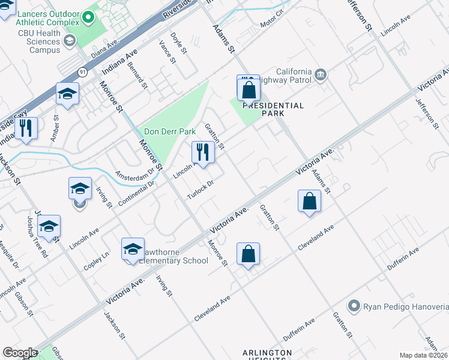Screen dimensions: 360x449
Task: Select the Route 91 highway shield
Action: [82, 72]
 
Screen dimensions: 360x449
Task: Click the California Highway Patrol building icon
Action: [321, 75]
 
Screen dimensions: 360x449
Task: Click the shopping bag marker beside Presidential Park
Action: [248, 90]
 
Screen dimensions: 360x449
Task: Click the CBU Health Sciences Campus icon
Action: [70, 41]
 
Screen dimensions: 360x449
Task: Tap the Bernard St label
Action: [137, 76]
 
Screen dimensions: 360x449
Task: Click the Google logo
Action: [20, 353]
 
